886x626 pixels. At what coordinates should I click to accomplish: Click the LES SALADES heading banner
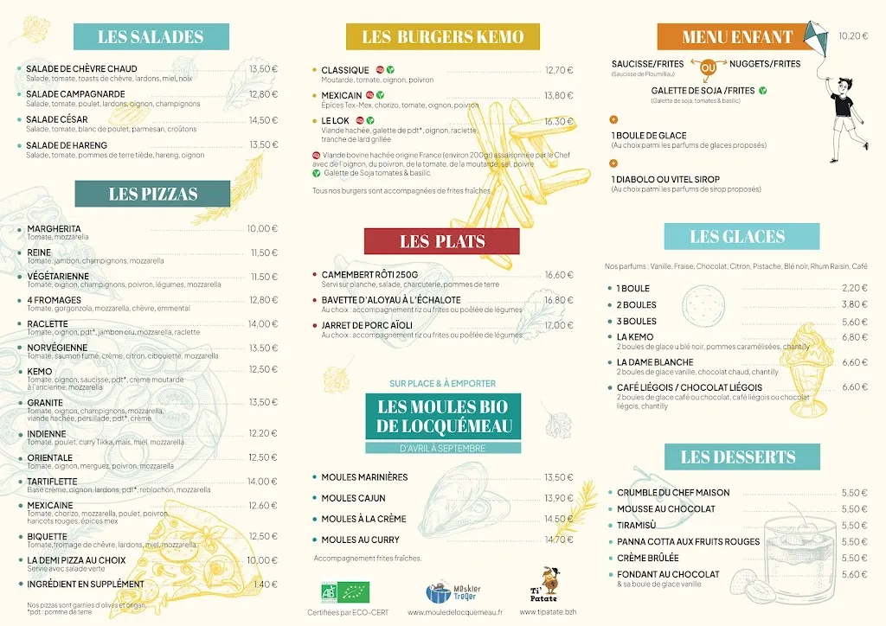click(x=151, y=36)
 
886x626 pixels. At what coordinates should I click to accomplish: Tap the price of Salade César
click(x=263, y=120)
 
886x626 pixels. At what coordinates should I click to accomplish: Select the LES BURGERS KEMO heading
click(x=442, y=36)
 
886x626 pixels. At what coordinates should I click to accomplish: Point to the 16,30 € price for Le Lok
click(x=559, y=122)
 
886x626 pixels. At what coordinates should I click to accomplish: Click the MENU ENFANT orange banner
click(x=737, y=36)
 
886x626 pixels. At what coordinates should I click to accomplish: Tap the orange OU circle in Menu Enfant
click(x=708, y=67)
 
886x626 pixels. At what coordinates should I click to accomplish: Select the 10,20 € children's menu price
click(x=853, y=36)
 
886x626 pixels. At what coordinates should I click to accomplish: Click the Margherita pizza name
click(x=54, y=229)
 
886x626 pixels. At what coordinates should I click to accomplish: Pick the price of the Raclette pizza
click(x=263, y=324)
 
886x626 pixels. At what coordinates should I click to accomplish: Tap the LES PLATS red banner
click(x=441, y=241)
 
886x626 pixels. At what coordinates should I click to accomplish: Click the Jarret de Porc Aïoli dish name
click(x=367, y=325)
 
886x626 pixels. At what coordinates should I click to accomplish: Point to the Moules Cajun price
click(x=559, y=498)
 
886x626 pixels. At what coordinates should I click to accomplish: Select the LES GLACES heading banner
click(x=737, y=236)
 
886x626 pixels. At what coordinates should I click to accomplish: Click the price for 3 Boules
click(x=854, y=321)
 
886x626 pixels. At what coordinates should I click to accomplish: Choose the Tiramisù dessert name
click(x=637, y=526)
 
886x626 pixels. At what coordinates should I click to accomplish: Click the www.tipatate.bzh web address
click(x=549, y=612)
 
